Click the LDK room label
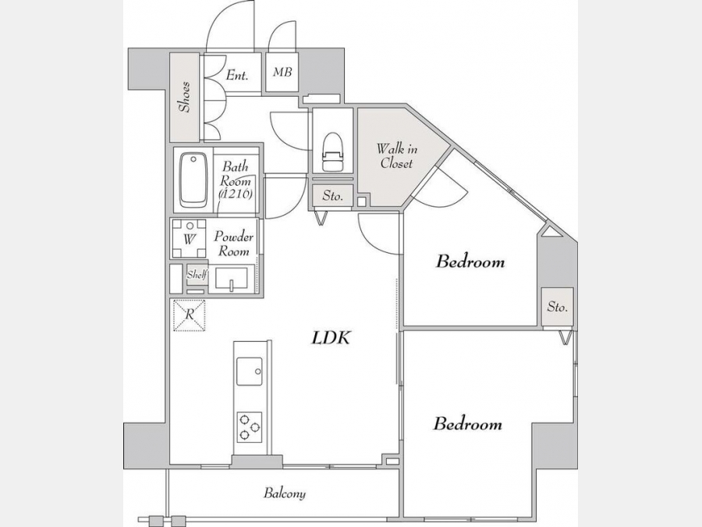coord(331,337)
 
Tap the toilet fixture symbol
coord(332,151)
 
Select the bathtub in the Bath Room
coord(193,180)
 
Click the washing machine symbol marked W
coord(190,238)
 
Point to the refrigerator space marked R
coord(190,315)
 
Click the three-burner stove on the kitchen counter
coord(250,427)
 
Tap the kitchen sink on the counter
coord(250,371)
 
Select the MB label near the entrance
coord(282,72)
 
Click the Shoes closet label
coord(184,97)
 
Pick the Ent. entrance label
coord(237,75)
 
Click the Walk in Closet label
coord(397,155)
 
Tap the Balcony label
coord(285,493)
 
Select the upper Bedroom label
coord(470,262)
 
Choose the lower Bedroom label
coord(467,424)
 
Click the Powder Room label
coord(233,244)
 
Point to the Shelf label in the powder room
coord(197,275)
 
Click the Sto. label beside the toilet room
coord(332,196)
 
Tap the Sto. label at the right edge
coord(558,307)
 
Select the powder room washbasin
coord(231,279)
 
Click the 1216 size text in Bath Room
coord(236,194)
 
